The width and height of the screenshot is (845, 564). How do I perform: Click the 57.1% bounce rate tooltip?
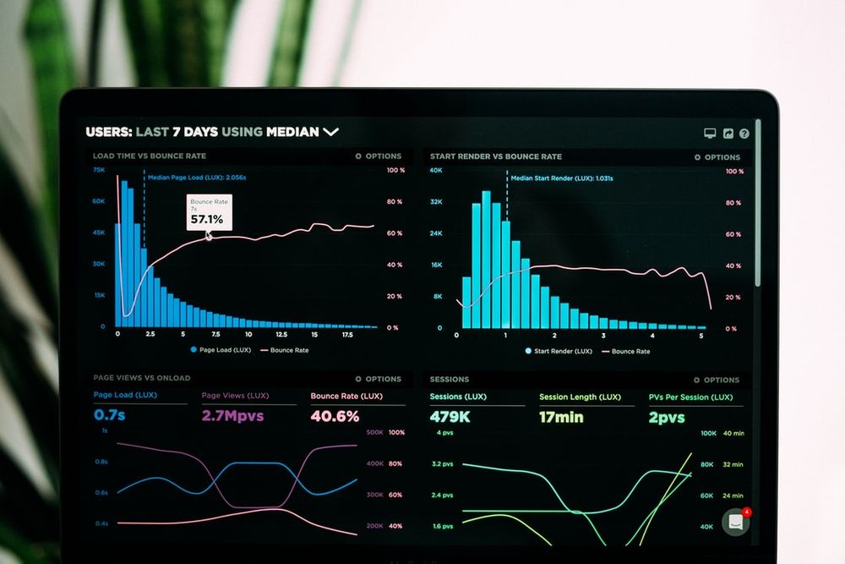(x=207, y=214)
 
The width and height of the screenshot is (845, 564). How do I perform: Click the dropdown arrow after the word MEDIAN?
(x=330, y=132)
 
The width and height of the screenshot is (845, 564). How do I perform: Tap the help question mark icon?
(x=744, y=134)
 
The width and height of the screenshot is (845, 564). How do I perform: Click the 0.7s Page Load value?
(x=110, y=415)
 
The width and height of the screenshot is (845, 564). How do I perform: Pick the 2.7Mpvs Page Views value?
(x=232, y=416)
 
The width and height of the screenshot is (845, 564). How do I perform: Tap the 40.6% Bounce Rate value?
(x=335, y=416)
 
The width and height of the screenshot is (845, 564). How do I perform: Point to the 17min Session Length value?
(x=561, y=417)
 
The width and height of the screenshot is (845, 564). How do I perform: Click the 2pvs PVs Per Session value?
(x=667, y=418)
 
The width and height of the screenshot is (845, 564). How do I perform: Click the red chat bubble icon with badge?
(x=736, y=522)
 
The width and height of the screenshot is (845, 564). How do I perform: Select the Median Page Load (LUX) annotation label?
(x=197, y=178)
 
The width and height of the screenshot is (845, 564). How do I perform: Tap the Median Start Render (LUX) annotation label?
(x=562, y=178)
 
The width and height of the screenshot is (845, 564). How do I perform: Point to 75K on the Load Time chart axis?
(x=99, y=170)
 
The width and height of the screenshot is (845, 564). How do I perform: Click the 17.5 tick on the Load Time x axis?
(x=347, y=335)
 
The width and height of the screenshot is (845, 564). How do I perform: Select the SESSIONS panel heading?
(x=450, y=379)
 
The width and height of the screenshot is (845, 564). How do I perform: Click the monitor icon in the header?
(x=710, y=134)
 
